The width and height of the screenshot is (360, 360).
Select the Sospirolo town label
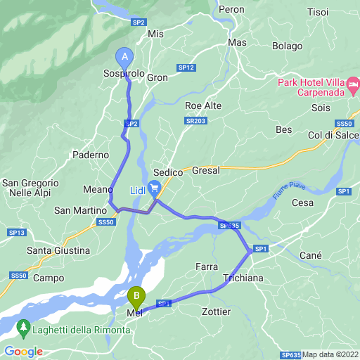point(124,75)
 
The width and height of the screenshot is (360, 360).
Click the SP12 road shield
point(186,67)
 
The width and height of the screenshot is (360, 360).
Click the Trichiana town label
point(243,278)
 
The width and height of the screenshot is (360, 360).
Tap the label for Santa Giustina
point(58,250)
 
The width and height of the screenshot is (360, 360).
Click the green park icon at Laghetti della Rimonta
point(22,327)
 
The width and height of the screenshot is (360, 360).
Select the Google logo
point(23,352)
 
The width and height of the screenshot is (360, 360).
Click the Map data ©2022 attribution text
point(330,354)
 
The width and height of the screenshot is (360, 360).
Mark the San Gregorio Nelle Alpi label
point(30,188)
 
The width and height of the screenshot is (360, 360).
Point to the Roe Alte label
point(203,105)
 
